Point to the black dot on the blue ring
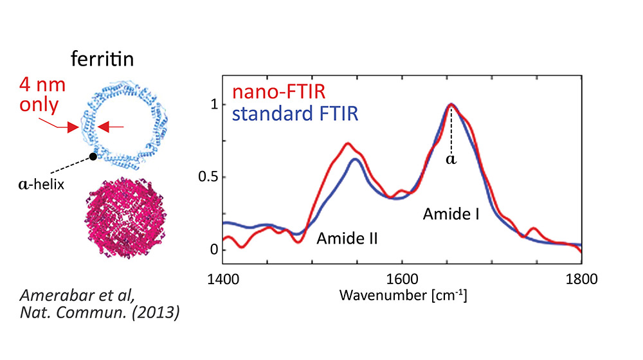point(94,156)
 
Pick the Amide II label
point(347,239)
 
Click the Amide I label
point(451,215)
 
